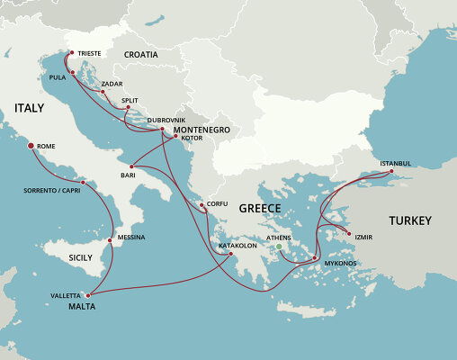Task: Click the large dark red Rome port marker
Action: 31,146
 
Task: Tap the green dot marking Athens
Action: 280,247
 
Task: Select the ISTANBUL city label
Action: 395,163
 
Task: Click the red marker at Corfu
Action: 202,206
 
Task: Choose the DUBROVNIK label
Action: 166,120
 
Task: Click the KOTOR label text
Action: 192,139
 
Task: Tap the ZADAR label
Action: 112,84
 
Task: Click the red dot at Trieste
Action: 70,53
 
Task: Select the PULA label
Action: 58,78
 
